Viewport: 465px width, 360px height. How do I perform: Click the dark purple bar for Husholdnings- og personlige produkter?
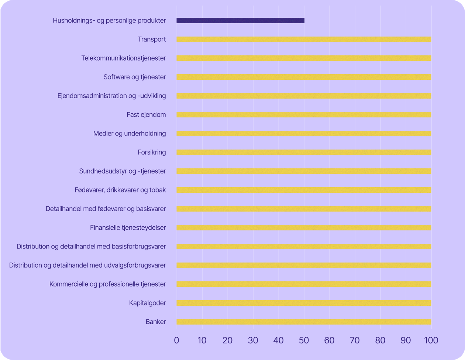pos(240,21)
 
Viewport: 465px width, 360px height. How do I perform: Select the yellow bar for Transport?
pos(304,40)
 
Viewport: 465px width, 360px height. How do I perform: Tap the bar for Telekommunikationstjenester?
pos(304,58)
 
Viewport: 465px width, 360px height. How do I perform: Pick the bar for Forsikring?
pos(304,152)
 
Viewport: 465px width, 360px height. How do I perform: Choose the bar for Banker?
pos(304,322)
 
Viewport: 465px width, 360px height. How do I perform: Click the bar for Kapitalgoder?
pos(304,303)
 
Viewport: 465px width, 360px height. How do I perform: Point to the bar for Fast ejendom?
pos(304,115)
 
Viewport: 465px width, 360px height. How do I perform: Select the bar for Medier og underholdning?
pos(304,134)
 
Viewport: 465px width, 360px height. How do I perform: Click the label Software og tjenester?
pos(135,77)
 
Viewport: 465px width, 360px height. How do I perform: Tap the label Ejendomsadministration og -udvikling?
pos(112,96)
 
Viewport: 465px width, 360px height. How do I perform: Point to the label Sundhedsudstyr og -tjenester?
pos(123,171)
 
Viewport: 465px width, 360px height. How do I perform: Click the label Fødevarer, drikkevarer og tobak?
pos(120,190)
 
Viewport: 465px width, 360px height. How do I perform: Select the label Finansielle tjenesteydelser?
pos(128,228)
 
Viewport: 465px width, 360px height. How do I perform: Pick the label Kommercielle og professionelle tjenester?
pos(108,284)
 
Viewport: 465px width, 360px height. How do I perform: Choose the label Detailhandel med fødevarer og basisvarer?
pos(106,209)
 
